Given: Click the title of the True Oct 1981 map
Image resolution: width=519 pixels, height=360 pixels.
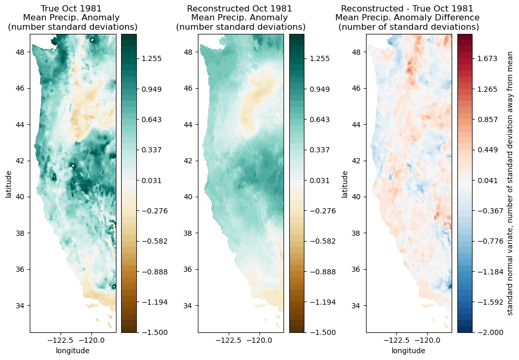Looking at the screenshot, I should (x=73, y=18).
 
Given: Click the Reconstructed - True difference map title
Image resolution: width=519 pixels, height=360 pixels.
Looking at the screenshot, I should (x=407, y=18).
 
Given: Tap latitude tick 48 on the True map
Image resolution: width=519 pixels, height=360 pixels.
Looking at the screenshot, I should (x=21, y=52).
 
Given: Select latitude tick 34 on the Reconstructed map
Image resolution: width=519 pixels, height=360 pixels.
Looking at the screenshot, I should (x=190, y=305).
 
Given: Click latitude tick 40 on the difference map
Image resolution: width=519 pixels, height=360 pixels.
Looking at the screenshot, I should (x=358, y=197).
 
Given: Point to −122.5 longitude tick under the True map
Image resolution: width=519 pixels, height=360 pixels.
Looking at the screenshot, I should (x=59, y=340).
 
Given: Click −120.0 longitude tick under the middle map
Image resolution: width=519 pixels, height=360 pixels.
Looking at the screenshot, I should (x=259, y=340).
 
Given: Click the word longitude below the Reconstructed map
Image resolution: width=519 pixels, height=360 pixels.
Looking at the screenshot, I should (x=241, y=351).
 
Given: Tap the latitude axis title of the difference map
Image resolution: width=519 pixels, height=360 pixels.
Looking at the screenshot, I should (x=345, y=183).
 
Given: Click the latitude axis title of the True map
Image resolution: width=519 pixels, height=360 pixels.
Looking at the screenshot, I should (x=8, y=183).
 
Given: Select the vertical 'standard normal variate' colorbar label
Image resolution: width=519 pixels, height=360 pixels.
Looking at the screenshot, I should (x=511, y=183).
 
